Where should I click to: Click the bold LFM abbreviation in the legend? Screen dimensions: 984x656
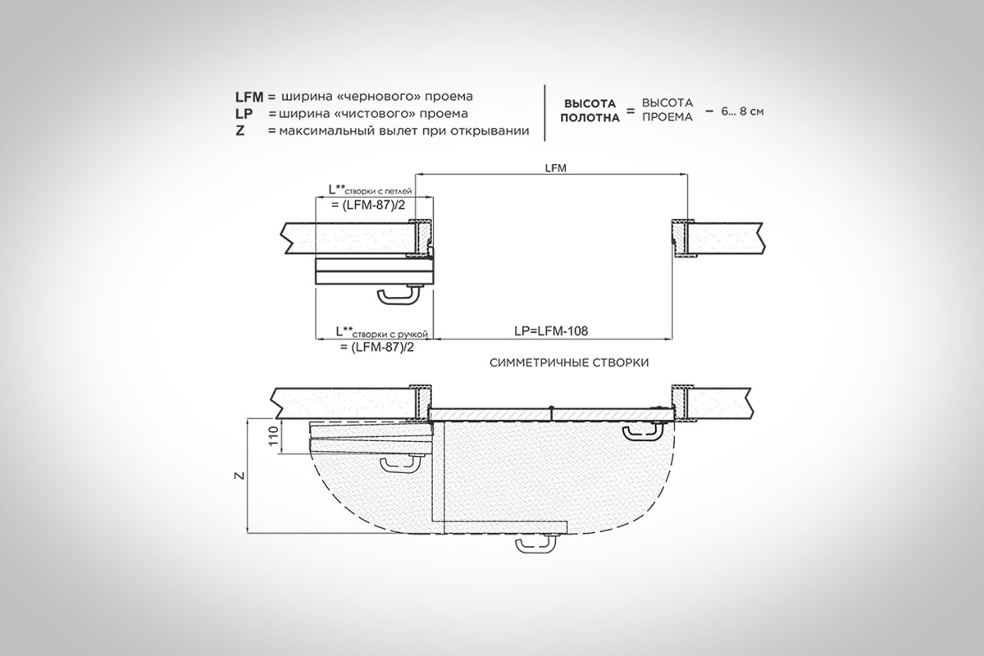[x=249, y=96]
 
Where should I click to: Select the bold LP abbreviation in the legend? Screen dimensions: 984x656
[x=244, y=114]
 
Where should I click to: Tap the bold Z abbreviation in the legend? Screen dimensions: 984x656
[x=239, y=131]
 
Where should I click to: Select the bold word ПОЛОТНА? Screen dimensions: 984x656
[x=590, y=118]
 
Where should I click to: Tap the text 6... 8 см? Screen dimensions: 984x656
[x=742, y=112]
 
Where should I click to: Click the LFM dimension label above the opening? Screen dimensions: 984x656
[x=556, y=168]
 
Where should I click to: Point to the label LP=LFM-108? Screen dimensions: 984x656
[x=551, y=330]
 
